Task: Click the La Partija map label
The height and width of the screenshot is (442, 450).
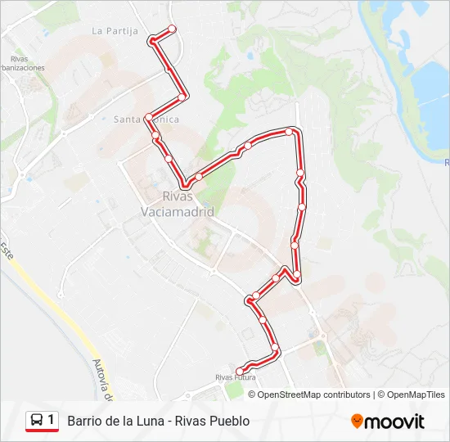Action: [114, 31]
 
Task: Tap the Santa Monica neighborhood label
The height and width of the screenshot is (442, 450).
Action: [146, 120]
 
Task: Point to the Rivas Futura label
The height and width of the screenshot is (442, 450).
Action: [235, 378]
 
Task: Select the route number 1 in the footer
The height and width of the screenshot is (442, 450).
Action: [52, 421]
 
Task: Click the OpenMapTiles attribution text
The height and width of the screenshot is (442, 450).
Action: [412, 395]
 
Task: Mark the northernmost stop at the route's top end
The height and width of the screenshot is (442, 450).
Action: [172, 29]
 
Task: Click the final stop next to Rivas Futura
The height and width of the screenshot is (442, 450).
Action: [239, 372]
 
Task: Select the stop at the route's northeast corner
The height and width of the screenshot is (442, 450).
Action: [289, 131]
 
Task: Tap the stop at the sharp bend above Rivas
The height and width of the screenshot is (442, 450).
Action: [186, 184]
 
